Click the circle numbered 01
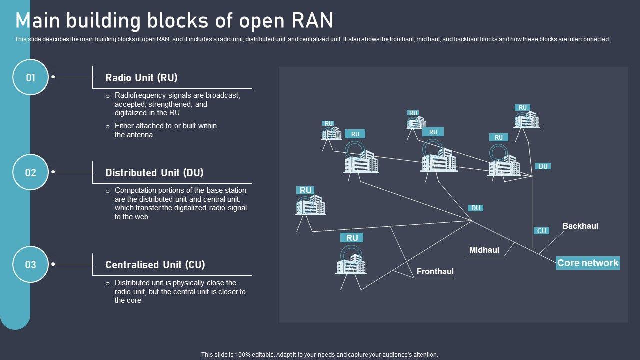[31, 77]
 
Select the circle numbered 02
[31, 172]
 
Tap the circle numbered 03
[31, 264]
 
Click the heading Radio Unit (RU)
[141, 78]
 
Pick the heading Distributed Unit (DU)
[154, 173]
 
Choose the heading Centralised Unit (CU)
[155, 265]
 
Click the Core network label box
[587, 263]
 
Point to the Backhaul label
[580, 226]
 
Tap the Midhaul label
[484, 250]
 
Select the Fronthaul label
[435, 272]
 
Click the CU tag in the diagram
[542, 231]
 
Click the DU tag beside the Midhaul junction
[476, 208]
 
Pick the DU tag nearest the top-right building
[543, 166]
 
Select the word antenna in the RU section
[140, 135]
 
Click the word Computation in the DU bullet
[135, 190]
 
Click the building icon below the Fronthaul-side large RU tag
[351, 264]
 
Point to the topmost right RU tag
[522, 107]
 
